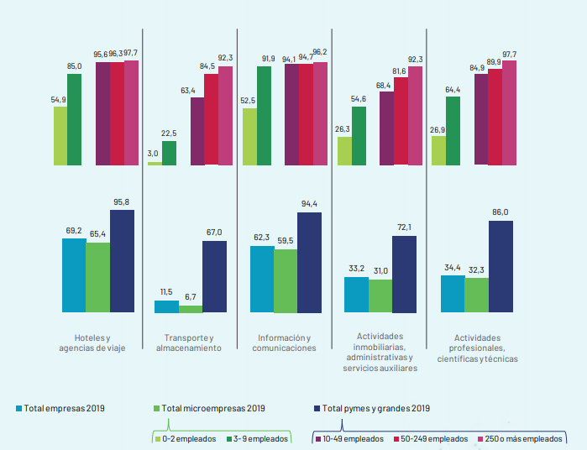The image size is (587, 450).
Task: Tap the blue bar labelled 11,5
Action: click(x=166, y=306)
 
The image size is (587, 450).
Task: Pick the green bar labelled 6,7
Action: click(x=191, y=309)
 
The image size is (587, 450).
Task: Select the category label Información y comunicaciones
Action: click(x=286, y=343)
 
